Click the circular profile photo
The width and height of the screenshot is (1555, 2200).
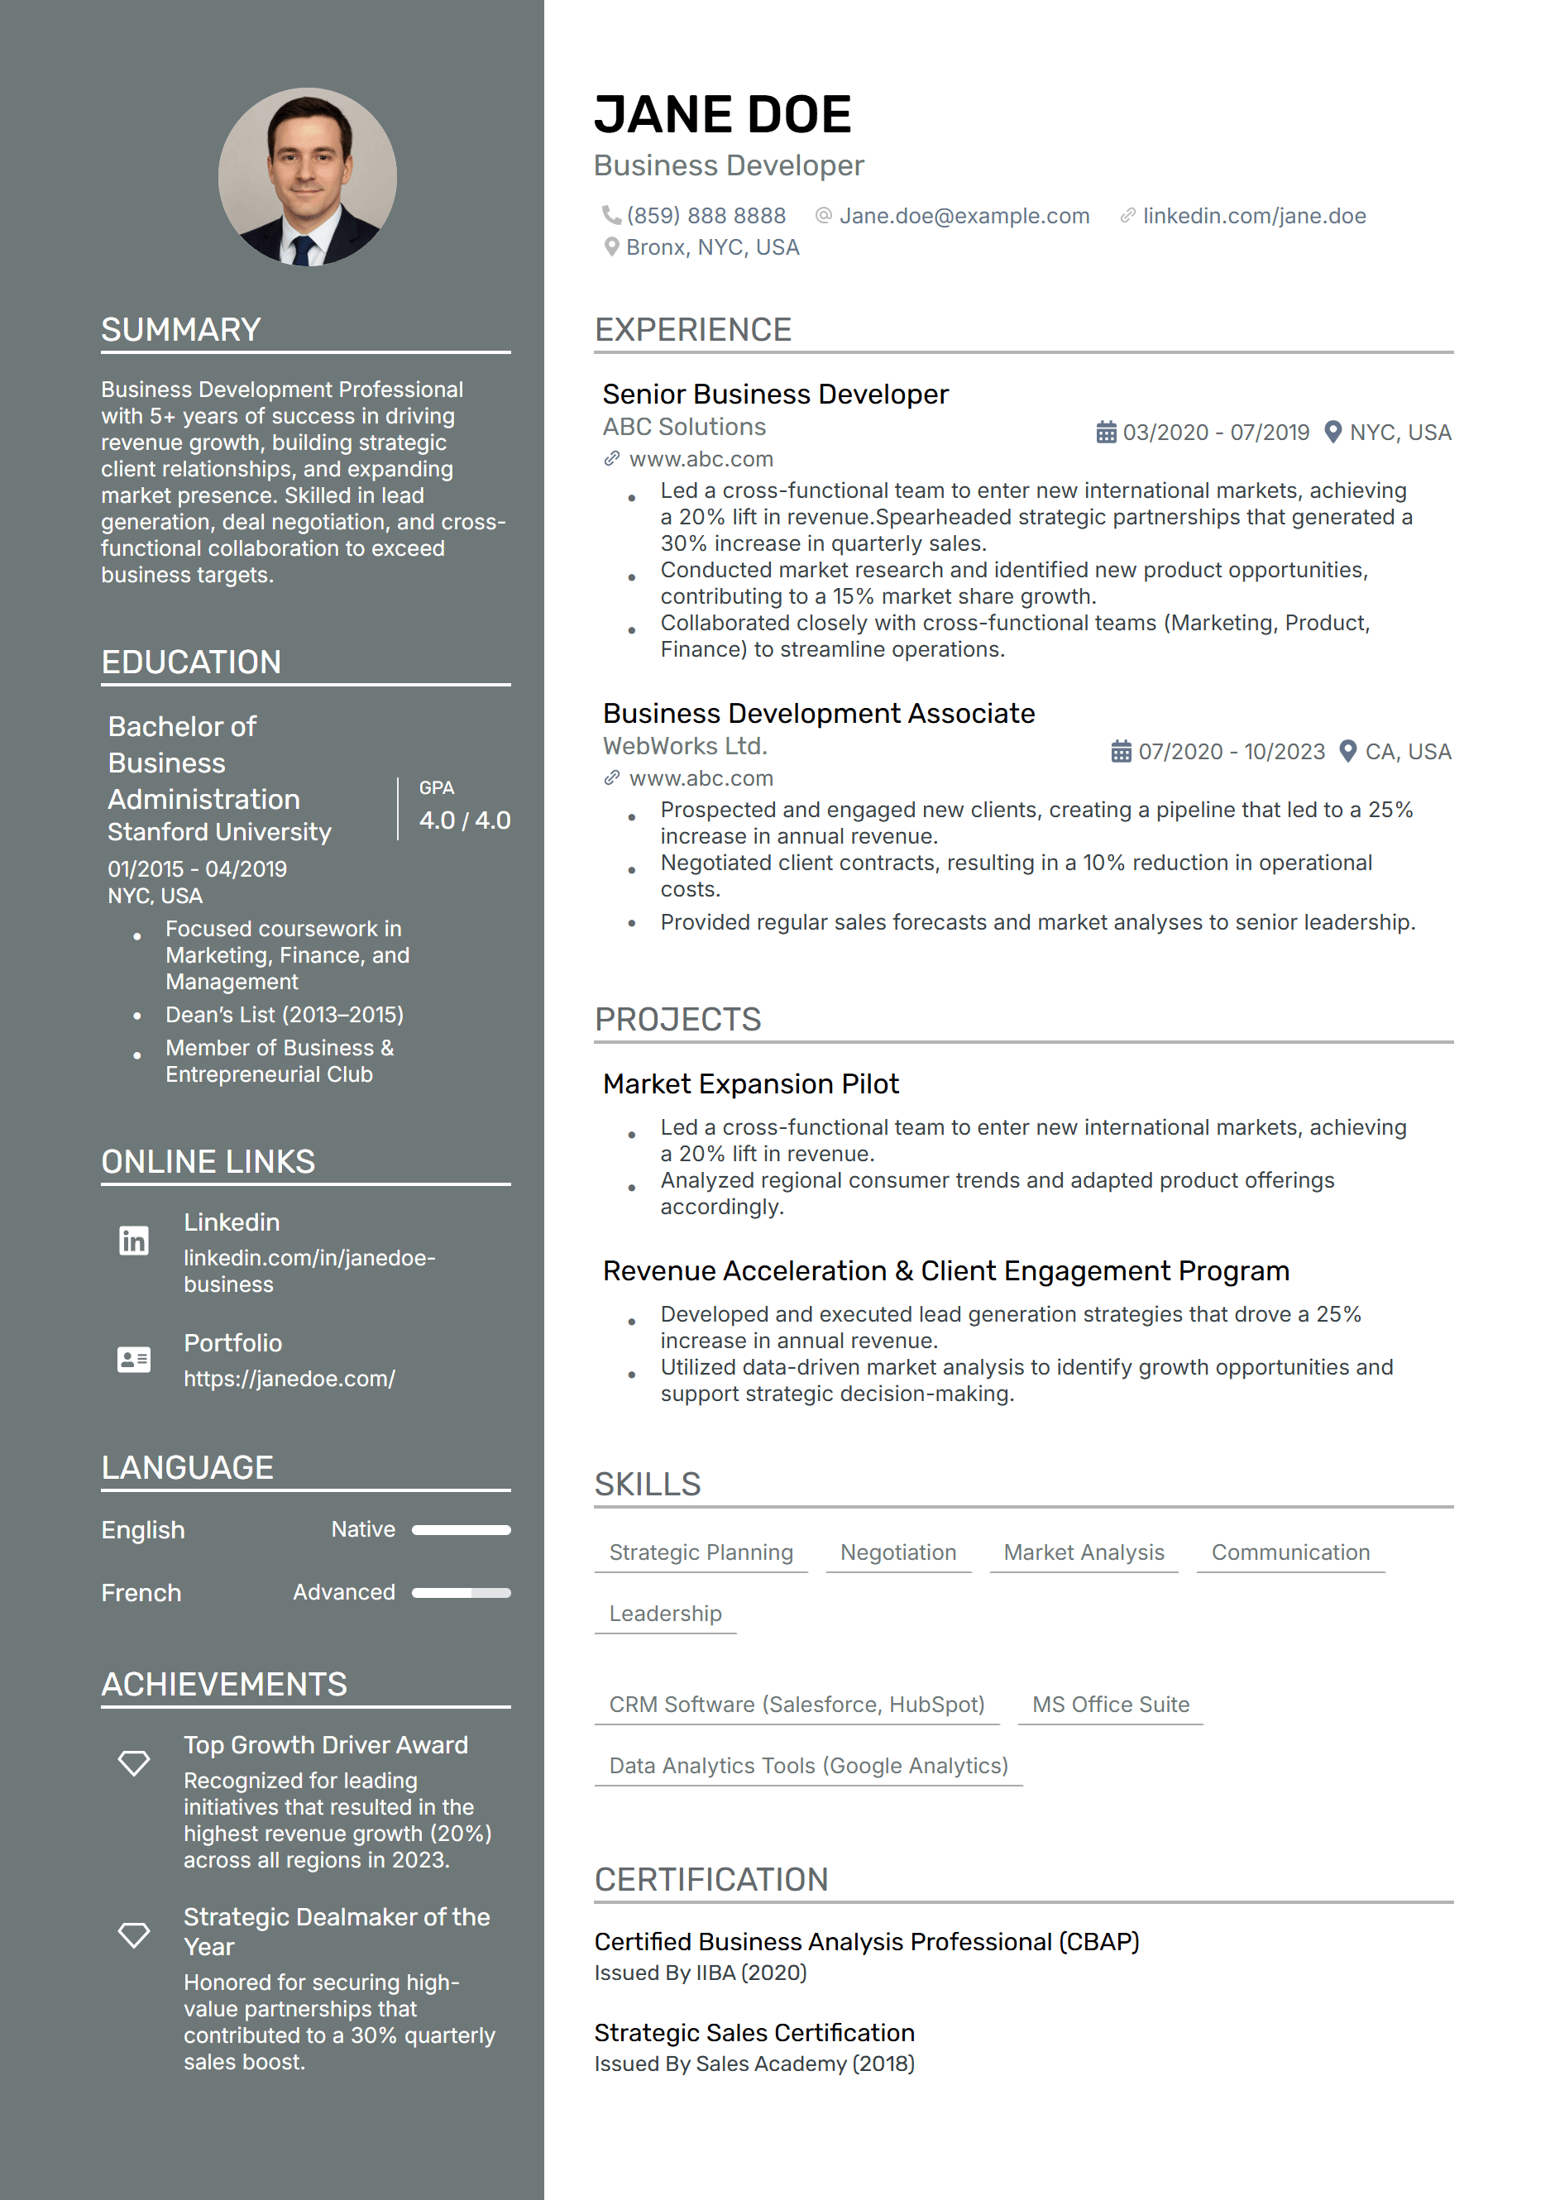click(307, 177)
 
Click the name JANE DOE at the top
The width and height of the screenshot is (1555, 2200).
click(722, 115)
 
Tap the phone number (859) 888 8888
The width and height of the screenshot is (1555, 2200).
click(706, 217)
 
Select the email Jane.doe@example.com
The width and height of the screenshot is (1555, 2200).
click(964, 217)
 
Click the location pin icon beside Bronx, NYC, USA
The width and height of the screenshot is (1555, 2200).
click(611, 247)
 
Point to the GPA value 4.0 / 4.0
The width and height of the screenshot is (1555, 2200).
click(465, 821)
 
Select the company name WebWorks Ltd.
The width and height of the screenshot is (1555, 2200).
click(685, 746)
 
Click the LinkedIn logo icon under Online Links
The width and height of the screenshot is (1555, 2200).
click(134, 1240)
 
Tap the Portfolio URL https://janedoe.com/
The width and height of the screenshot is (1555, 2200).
click(289, 1379)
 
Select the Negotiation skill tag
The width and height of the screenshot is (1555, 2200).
click(897, 1552)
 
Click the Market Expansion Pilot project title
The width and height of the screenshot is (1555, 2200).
click(750, 1083)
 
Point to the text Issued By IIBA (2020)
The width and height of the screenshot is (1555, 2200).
click(701, 1973)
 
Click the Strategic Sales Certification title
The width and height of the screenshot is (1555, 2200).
click(754, 2032)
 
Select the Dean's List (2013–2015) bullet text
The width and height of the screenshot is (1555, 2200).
click(285, 1015)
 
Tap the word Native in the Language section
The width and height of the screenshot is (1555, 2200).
click(363, 1529)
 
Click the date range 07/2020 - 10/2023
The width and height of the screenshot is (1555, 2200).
click(1231, 752)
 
